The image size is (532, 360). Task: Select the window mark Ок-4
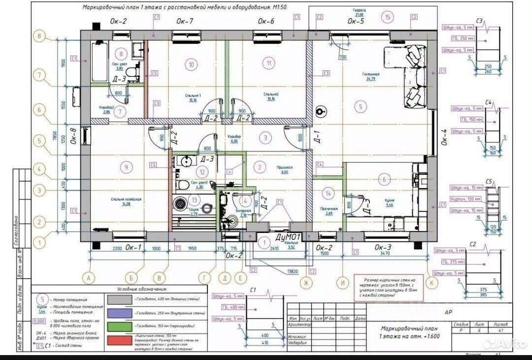[x=443, y=138]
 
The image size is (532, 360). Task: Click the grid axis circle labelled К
[x=432, y=282]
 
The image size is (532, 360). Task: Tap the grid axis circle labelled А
[x=89, y=278]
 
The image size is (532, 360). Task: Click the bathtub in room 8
[x=100, y=62]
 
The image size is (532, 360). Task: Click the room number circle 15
[x=389, y=18]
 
